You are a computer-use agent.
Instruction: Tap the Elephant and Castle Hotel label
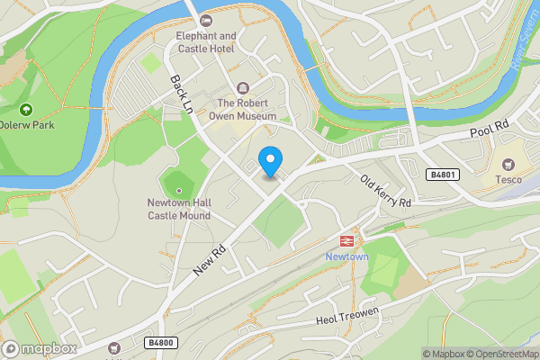click(x=206, y=42)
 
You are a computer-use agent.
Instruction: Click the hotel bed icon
click(x=207, y=20)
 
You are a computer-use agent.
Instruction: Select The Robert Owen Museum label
click(x=243, y=109)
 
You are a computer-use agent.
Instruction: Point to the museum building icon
click(x=243, y=87)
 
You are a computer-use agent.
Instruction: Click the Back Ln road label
click(x=181, y=93)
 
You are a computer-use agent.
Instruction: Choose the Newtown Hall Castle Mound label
click(x=179, y=209)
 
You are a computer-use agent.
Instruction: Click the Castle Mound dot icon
click(x=179, y=190)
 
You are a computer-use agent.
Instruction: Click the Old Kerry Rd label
click(x=386, y=191)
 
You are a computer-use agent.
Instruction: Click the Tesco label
click(x=508, y=179)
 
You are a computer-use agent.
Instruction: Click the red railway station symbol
click(x=346, y=240)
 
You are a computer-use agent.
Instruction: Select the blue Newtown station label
click(x=346, y=256)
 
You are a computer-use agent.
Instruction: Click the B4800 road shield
click(x=160, y=343)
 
